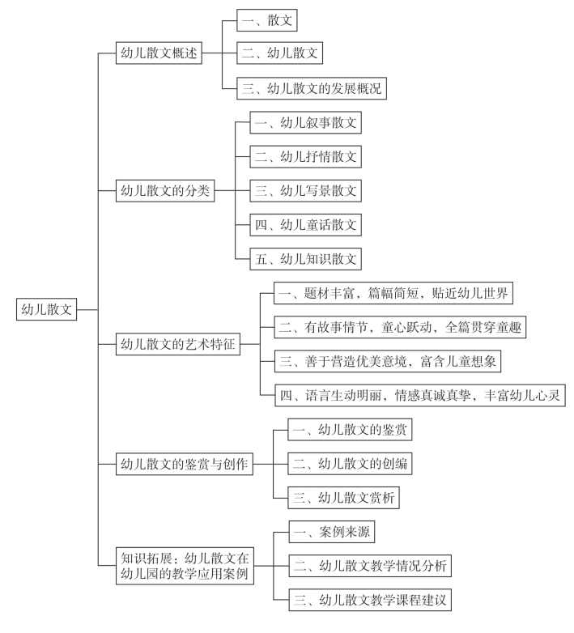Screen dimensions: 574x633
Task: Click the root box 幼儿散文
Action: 46,310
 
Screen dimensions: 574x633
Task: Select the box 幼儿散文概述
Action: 159,53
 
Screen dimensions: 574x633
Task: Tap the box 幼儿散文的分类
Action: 165,190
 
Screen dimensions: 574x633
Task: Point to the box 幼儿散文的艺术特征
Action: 178,344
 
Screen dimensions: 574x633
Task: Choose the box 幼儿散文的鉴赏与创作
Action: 185,465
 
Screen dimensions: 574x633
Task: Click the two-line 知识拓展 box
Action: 185,566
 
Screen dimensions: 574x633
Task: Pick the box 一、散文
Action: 267,20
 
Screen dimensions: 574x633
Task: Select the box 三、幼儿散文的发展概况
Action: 312,88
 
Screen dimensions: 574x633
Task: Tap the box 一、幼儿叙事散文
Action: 305,123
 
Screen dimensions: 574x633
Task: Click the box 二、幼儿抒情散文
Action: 305,157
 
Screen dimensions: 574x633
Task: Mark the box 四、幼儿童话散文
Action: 305,225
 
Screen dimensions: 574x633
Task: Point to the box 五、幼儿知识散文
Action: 305,259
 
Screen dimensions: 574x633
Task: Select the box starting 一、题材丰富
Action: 393,293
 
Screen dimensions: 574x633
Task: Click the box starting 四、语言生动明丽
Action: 420,395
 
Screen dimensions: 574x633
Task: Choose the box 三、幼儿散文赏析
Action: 343,498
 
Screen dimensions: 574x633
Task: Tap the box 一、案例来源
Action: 332,532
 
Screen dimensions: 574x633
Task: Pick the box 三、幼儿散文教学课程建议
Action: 370,600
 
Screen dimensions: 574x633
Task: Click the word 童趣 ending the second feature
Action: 509,327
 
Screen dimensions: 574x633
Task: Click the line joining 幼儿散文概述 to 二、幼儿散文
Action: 219,53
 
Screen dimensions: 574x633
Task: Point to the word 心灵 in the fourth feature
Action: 548,395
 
